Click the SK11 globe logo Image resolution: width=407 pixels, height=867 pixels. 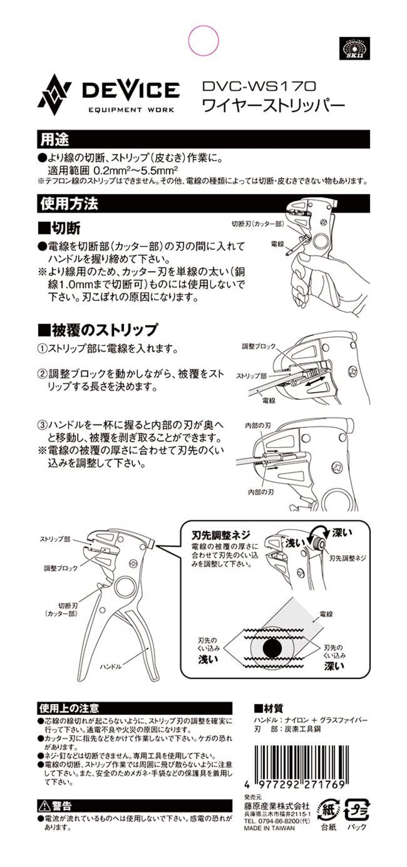[x=354, y=48]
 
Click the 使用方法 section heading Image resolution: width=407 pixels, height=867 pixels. [x=69, y=204]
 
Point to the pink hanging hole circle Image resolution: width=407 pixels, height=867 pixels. [x=203, y=40]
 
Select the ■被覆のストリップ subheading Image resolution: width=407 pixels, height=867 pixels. [x=98, y=330]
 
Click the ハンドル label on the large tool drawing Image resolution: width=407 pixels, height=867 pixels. [x=111, y=667]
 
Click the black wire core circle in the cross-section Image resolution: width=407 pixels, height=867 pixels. [x=272, y=648]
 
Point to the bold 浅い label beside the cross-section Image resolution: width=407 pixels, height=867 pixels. [x=208, y=659]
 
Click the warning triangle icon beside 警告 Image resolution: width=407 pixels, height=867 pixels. [x=45, y=806]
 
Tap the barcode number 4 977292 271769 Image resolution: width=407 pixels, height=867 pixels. [x=295, y=785]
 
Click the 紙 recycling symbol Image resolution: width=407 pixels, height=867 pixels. [x=328, y=810]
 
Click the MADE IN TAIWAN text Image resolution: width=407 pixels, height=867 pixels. [x=269, y=828]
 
